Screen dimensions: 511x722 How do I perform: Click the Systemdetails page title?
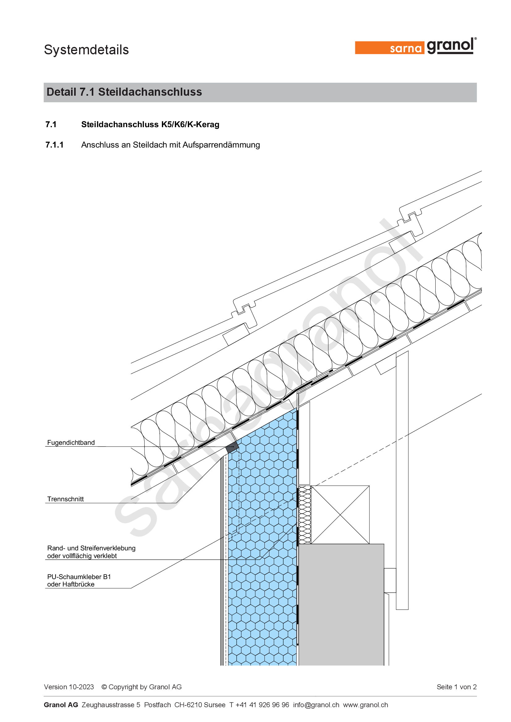(86, 50)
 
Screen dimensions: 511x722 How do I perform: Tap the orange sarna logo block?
(390, 48)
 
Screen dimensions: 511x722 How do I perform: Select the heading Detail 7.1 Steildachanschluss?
(124, 92)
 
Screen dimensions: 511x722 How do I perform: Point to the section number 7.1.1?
(54, 145)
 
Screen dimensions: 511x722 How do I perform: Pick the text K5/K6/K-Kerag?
(190, 124)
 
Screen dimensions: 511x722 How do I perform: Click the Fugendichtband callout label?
(71, 442)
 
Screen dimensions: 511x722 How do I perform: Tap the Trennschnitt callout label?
(65, 499)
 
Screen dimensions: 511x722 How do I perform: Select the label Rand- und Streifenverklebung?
(91, 548)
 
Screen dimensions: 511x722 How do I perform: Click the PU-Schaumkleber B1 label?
(79, 577)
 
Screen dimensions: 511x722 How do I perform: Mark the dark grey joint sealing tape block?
(232, 447)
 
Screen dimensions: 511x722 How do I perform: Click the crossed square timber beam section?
(340, 515)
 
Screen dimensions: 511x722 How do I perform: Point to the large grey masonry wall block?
(341, 604)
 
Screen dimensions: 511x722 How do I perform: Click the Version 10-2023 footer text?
(69, 687)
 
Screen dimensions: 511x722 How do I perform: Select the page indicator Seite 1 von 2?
(457, 687)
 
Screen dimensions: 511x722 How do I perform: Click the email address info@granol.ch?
(316, 705)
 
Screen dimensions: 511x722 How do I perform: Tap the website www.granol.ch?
(365, 705)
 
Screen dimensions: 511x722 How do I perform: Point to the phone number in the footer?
(259, 705)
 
